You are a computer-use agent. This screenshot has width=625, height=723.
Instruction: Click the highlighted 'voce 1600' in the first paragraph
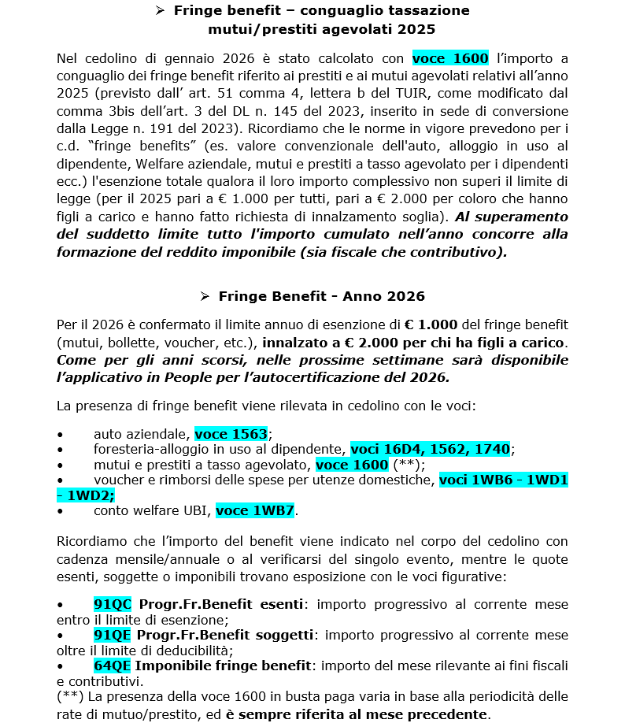click(x=451, y=58)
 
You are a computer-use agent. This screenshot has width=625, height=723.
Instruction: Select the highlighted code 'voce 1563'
click(x=231, y=433)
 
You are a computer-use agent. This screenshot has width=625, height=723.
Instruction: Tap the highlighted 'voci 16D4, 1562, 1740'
click(x=430, y=449)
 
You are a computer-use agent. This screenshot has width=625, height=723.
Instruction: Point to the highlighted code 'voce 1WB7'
click(x=255, y=510)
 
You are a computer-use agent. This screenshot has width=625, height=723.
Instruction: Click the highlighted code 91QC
click(x=113, y=604)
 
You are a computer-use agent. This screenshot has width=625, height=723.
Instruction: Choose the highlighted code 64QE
click(x=113, y=666)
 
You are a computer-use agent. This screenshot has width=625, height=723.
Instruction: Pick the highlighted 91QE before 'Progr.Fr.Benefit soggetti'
click(x=112, y=635)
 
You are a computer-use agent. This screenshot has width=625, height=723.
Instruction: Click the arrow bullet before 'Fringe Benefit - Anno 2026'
click(x=205, y=296)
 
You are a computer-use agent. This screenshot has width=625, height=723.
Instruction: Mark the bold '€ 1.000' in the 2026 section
click(x=431, y=324)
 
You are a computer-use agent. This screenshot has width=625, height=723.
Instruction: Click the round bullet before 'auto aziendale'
click(x=61, y=434)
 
